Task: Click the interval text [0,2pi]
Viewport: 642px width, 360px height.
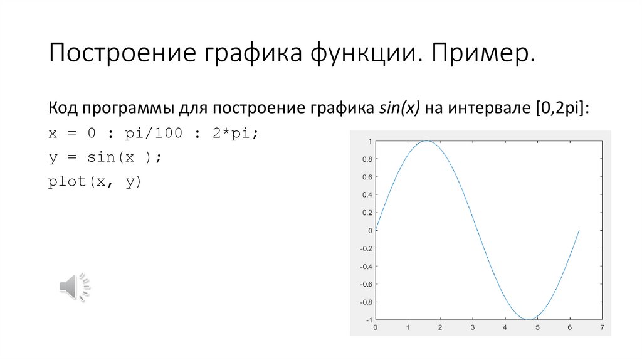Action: (562, 108)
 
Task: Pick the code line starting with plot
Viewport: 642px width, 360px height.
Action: (95, 182)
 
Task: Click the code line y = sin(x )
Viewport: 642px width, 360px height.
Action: (105, 157)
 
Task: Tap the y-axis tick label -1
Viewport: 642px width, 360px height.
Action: (368, 319)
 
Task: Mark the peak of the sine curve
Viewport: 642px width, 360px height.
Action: (426, 141)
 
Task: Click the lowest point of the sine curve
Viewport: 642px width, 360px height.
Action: (528, 319)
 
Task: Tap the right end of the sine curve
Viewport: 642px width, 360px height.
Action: (579, 230)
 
